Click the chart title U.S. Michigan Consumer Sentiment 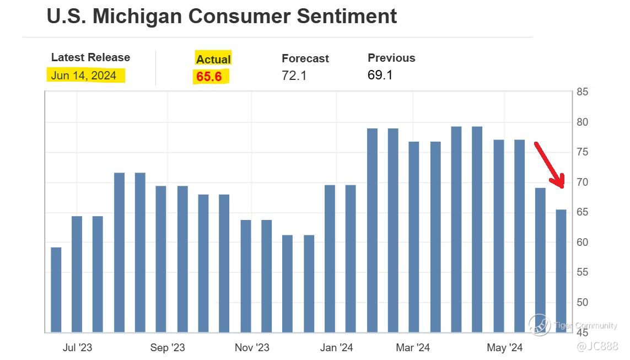coord(222,16)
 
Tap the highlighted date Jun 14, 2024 coord(84,76)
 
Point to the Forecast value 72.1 coord(294,76)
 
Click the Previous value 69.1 coord(380,75)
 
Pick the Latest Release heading coord(90,57)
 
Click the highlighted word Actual coord(213,59)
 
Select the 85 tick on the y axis coord(582,92)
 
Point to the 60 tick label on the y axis coord(582,243)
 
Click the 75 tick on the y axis coord(582,152)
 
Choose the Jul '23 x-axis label coord(78,348)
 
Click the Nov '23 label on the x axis coord(252,348)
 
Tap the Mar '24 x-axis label coord(413,348)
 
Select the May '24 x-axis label coord(505,348)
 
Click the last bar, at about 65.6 coord(561,270)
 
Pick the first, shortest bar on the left coord(56,289)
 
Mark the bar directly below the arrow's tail coord(540,259)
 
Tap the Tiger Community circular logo coord(539,325)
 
